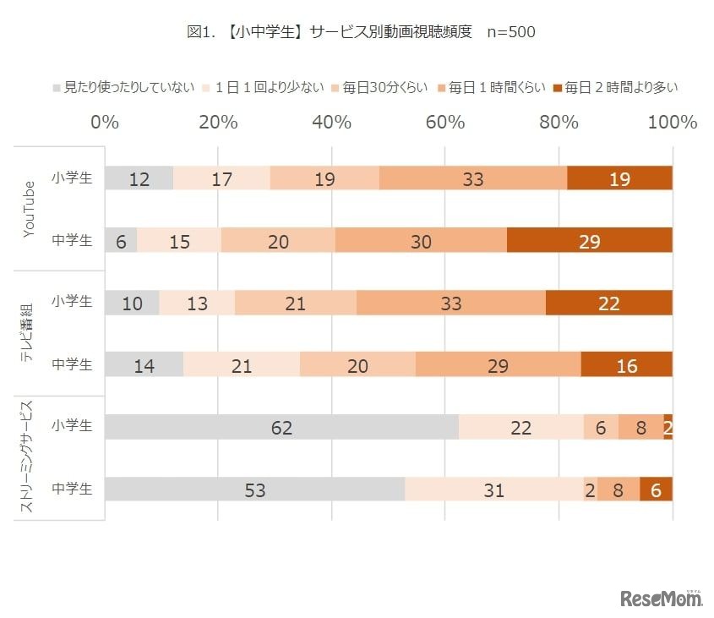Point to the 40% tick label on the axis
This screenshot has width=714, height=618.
coord(331,123)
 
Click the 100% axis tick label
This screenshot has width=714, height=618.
coord(672,123)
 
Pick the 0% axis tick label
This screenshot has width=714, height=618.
coord(105,123)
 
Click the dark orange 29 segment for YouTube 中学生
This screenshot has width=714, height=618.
coord(589,241)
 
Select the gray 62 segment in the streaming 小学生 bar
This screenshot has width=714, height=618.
coord(281,428)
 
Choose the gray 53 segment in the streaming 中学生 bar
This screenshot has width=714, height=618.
coord(254,489)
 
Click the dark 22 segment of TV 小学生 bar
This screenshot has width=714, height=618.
coord(608,304)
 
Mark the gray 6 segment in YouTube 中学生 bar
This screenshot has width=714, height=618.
coord(121,241)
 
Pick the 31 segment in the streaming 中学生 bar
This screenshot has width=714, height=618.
coord(493,489)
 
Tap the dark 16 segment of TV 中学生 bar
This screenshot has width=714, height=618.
coord(626,365)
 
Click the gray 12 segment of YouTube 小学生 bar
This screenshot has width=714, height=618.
coord(139,179)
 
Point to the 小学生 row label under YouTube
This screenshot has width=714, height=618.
coord(72,178)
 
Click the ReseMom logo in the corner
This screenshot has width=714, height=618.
coord(662,598)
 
